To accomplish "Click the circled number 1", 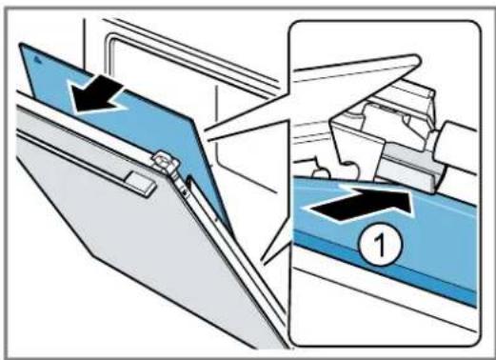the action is (x=381, y=244).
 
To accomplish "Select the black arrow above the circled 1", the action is (x=358, y=204).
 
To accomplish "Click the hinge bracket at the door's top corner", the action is (x=166, y=163).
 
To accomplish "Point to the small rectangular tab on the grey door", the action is (x=142, y=183).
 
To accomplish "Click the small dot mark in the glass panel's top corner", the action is (x=37, y=58).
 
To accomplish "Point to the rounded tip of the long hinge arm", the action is (x=418, y=58).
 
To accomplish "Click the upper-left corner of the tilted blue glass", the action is (x=21, y=44).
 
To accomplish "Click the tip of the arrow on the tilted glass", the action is (x=73, y=111).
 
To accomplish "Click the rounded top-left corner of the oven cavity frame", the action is (x=109, y=39).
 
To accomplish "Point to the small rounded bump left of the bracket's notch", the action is (x=320, y=168).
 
